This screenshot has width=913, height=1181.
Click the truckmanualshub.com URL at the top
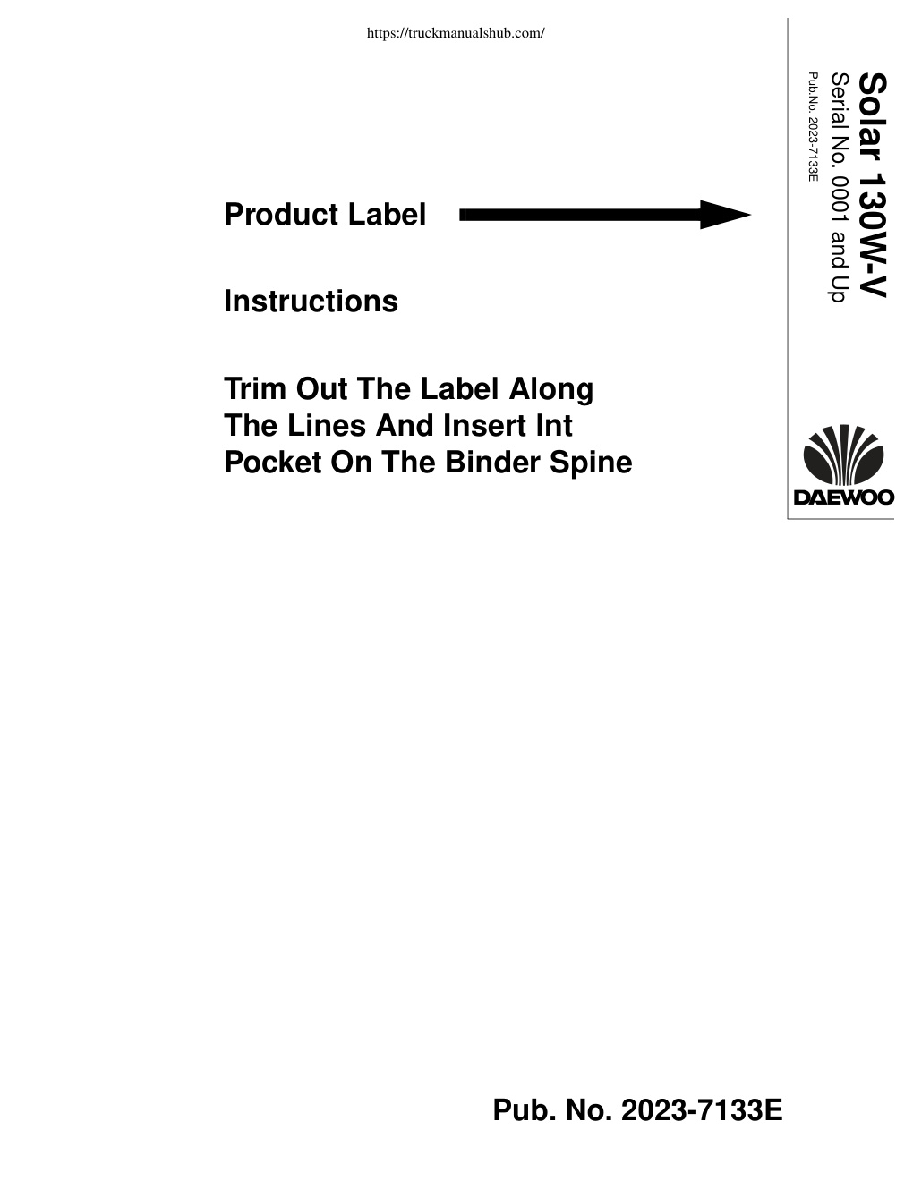pos(456,33)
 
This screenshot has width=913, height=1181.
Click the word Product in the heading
pos(281,214)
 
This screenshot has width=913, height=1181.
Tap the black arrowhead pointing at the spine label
pos(725,215)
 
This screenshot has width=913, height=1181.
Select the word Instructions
pos(311,302)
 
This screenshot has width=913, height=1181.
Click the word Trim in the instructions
pos(255,389)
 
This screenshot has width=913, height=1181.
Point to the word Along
pos(550,390)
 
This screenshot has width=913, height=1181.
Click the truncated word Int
pos(554,426)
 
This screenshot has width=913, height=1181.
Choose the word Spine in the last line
pos(591,463)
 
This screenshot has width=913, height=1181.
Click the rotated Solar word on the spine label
pos(872,117)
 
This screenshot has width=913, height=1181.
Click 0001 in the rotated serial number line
pos(840,198)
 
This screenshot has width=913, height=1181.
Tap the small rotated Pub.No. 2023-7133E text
pos(813,127)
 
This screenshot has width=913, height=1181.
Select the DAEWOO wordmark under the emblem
pos(844,497)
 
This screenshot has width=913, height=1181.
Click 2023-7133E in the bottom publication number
pos(702,1109)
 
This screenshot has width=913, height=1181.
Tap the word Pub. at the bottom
pos(525,1109)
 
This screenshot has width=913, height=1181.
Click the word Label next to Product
pos(388,214)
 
